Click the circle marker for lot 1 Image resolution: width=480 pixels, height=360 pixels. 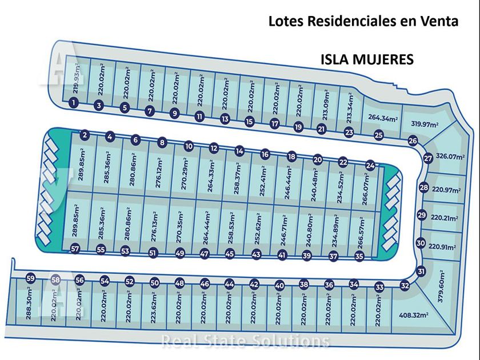[x=74, y=102]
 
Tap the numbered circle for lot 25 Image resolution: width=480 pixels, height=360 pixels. [x=379, y=135]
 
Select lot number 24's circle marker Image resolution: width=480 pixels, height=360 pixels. [x=370, y=166]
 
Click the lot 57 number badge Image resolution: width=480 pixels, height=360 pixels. [x=75, y=249]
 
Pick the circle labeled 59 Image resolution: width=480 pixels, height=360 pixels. [x=30, y=279]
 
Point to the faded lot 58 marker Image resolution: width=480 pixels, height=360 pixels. [x=55, y=279]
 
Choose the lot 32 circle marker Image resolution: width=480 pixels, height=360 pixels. [x=405, y=286]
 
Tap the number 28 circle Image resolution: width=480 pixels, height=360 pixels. [x=423, y=187]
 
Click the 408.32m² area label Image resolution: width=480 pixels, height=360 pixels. [x=414, y=315]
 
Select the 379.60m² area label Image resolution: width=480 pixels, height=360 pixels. [x=441, y=286]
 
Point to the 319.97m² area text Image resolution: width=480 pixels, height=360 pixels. [x=424, y=124]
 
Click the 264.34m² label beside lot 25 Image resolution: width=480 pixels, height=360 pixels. [x=383, y=118]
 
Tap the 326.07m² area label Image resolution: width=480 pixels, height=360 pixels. [x=450, y=157]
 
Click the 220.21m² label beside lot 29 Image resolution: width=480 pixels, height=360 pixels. [x=445, y=218]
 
